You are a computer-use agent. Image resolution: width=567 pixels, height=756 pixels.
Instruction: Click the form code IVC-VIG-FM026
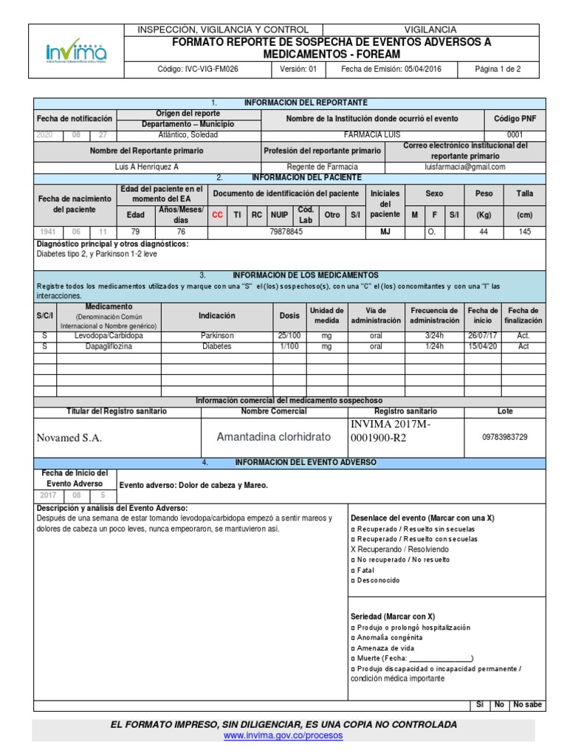tap(199, 69)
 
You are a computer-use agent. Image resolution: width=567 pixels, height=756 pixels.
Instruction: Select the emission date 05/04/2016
tap(403, 69)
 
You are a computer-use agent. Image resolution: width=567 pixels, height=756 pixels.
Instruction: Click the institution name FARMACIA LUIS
tap(373, 135)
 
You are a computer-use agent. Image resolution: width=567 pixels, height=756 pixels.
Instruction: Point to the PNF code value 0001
tap(515, 135)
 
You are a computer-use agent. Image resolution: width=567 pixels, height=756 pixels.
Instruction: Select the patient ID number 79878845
tap(287, 231)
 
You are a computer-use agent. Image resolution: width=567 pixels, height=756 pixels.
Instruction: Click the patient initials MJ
tap(384, 231)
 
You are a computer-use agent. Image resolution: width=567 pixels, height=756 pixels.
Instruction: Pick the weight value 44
tap(484, 231)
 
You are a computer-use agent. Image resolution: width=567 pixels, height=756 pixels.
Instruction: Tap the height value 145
tap(524, 231)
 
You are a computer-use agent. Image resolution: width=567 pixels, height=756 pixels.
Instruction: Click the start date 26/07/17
tap(483, 335)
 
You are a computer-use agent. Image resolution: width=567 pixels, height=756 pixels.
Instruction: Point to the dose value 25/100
tap(289, 335)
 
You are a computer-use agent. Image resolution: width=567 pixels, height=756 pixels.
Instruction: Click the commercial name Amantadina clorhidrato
tap(272, 437)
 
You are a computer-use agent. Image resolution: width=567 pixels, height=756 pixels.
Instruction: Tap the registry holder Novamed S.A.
tap(69, 438)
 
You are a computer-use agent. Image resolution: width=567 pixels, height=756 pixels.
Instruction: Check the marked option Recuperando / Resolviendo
tap(400, 549)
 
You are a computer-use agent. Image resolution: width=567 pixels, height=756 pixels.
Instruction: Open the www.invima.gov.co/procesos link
tap(283, 736)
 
